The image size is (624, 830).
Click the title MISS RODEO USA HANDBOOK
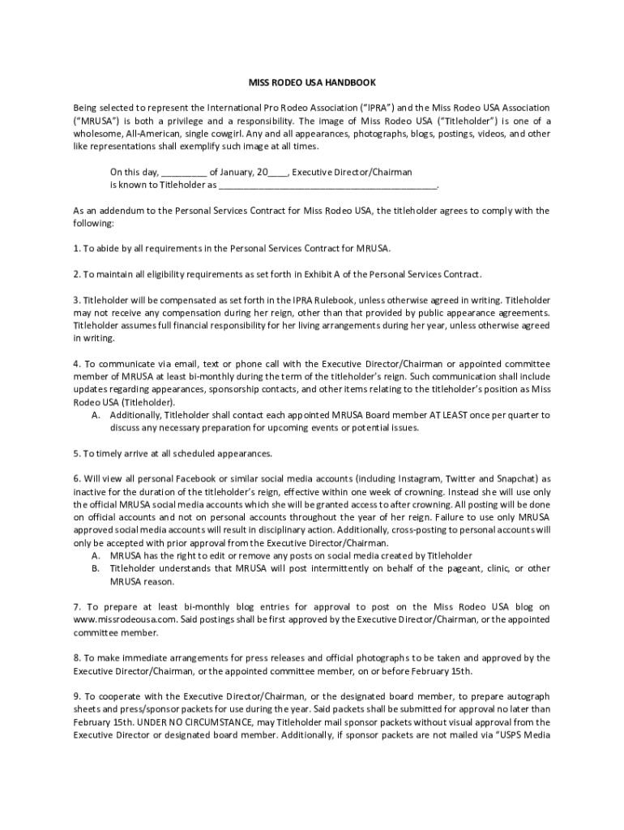[312, 83]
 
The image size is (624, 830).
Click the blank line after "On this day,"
[185, 173]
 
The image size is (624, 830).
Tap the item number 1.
[76, 248]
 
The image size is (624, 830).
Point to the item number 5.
[76, 453]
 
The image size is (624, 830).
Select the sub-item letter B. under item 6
[96, 568]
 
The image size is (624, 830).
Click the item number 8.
[76, 658]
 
